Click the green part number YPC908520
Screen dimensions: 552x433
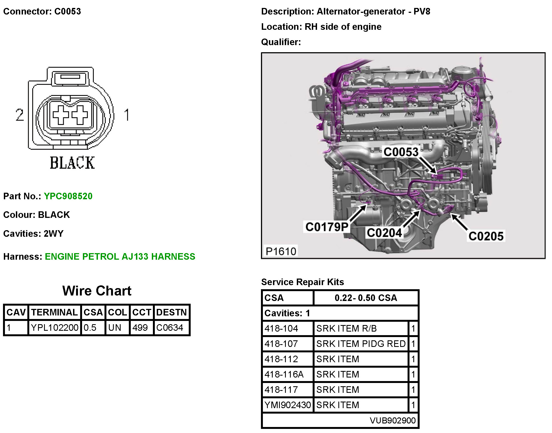pyautogui.click(x=68, y=196)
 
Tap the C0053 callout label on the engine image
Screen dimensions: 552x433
pyautogui.click(x=401, y=152)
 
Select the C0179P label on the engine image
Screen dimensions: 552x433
pyautogui.click(x=327, y=227)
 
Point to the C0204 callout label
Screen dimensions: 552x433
pyautogui.click(x=384, y=233)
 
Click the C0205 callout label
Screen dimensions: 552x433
pyautogui.click(x=486, y=236)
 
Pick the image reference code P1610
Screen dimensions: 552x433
pyautogui.click(x=281, y=251)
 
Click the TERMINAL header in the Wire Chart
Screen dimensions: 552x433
pyautogui.click(x=54, y=312)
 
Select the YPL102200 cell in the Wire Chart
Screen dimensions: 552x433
pyautogui.click(x=54, y=327)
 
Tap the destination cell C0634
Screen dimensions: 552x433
pyautogui.click(x=170, y=327)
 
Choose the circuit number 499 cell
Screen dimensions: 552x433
pyautogui.click(x=140, y=327)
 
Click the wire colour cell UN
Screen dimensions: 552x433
pyautogui.click(x=115, y=327)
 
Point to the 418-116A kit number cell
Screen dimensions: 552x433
pyautogui.click(x=284, y=374)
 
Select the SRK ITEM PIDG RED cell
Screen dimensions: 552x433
pyautogui.click(x=361, y=344)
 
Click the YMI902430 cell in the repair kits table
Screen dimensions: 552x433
pyautogui.click(x=287, y=405)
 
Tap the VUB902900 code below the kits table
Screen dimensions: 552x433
pyautogui.click(x=393, y=420)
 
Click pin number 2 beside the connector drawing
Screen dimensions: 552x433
pyautogui.click(x=20, y=115)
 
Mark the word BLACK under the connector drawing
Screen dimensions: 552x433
pyautogui.click(x=72, y=163)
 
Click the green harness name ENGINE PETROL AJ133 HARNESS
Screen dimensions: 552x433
pyautogui.click(x=120, y=256)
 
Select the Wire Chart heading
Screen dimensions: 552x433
pyautogui.click(x=97, y=291)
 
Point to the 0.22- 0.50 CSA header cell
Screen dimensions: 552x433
pyautogui.click(x=366, y=298)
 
